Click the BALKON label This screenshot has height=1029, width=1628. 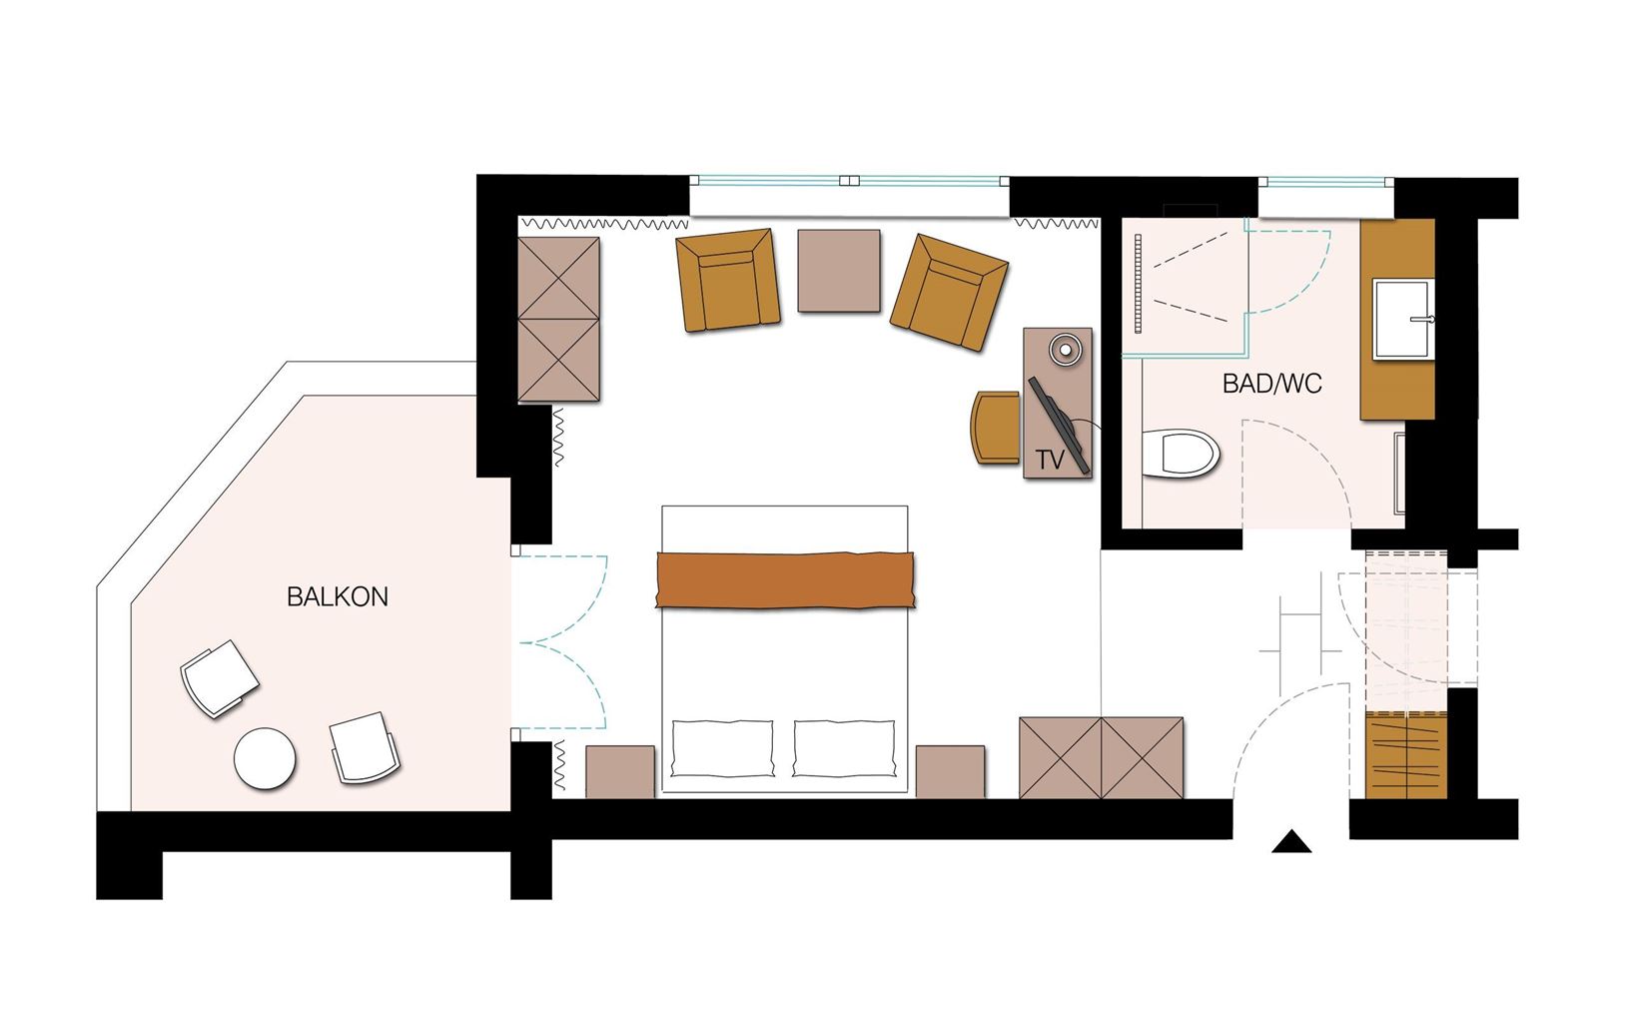pos(337,597)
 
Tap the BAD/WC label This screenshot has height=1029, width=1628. pos(1271,384)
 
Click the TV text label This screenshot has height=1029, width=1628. pos(1049,461)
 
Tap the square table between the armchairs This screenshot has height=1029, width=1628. pos(839,271)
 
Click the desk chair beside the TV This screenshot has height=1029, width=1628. pos(995,428)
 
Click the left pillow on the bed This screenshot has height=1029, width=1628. pos(722,748)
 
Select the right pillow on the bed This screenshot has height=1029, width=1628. pos(844,748)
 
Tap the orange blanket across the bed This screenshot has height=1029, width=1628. pos(785,578)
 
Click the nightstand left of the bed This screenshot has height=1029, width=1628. pos(620,771)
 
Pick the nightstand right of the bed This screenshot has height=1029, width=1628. pos(950,771)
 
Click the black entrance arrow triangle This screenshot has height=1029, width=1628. pos(1291,844)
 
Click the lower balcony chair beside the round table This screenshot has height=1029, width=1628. pos(365,747)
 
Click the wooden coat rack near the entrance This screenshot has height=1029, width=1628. pos(1405,754)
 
